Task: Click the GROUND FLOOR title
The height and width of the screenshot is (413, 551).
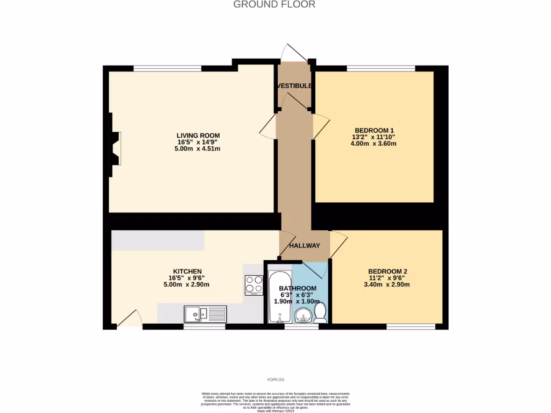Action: pos(274,5)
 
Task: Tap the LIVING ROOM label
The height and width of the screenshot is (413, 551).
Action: pos(199,135)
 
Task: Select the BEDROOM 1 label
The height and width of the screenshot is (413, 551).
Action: pos(375,130)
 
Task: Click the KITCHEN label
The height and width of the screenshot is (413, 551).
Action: pos(187,271)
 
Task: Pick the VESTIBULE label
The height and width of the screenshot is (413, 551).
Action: pos(294,86)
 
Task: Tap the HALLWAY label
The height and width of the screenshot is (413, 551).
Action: pos(305,246)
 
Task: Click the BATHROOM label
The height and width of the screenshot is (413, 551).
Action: pos(298,288)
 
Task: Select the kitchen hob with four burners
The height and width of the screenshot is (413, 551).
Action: pos(253,285)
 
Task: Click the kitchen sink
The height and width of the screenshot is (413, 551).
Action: pos(206,314)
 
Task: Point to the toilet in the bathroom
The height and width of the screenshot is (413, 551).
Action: pos(320,314)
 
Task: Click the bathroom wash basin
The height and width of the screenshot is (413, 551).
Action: pos(302,315)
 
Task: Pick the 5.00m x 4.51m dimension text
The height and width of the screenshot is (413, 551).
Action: pos(199,149)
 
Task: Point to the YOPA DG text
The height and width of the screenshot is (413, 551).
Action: pos(275,381)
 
